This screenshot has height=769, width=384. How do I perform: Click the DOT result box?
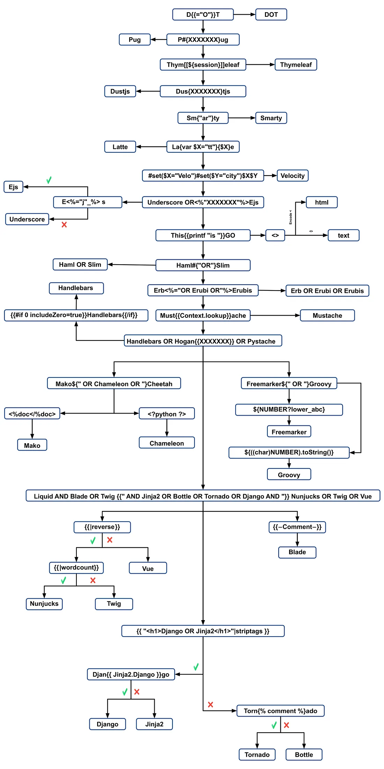(271, 15)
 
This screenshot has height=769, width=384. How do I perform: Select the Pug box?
(134, 39)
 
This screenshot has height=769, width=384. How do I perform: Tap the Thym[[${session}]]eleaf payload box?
(203, 65)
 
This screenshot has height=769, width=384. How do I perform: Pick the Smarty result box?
(271, 118)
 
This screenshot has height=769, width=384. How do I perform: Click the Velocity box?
(292, 175)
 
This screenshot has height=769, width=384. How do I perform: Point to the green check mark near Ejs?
(49, 180)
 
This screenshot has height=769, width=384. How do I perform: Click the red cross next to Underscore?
(64, 224)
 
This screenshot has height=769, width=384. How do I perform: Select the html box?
(322, 202)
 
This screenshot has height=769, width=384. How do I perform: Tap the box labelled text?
(343, 235)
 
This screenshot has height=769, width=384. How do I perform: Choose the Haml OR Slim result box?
(80, 265)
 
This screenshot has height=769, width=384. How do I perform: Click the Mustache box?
(327, 315)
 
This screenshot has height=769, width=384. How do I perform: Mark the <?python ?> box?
(167, 414)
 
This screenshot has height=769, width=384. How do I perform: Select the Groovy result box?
(289, 475)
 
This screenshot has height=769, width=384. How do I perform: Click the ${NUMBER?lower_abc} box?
(289, 409)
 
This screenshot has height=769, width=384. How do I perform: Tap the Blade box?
(297, 552)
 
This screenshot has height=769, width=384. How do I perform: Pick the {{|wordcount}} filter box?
(76, 568)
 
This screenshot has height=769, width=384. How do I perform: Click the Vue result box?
(148, 568)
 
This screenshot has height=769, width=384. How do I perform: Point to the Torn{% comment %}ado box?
(280, 711)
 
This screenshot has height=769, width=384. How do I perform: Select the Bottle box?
(304, 754)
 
